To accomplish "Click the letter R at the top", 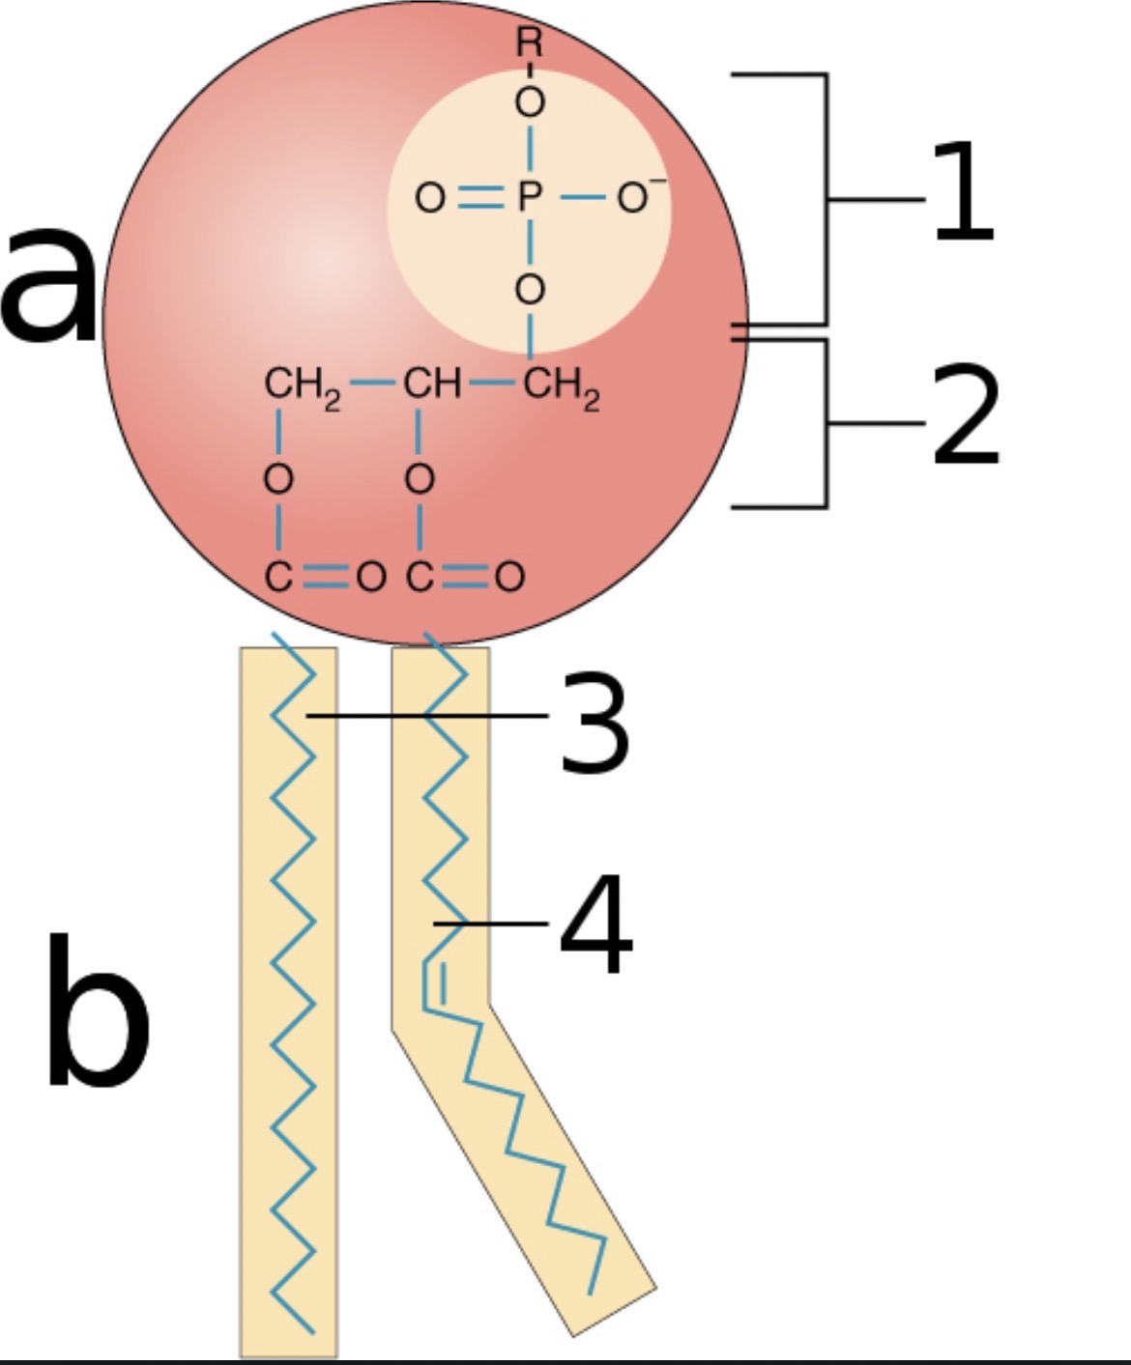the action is tap(529, 43).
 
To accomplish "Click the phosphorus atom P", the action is tap(529, 198).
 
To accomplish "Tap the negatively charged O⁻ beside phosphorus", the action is tap(632, 198).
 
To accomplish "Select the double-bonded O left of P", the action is tap(430, 199).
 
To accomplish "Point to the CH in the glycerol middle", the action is tap(431, 384).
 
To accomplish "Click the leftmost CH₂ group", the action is tap(301, 386).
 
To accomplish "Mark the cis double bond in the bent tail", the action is tap(433, 981).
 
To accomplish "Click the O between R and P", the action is tap(529, 102).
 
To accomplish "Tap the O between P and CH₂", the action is tap(529, 289).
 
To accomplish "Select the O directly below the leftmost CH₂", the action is tap(278, 479).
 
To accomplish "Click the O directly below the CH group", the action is tap(420, 479).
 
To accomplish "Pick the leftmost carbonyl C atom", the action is tap(278, 578).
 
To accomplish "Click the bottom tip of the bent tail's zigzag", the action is tap(590, 1293).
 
